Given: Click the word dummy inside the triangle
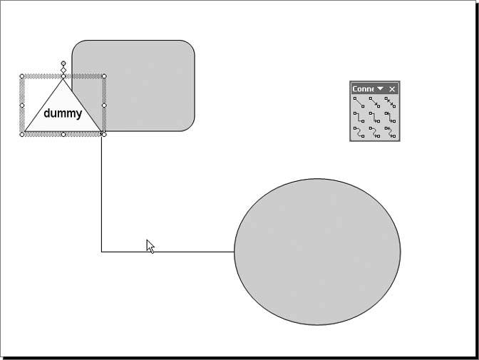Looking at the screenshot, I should [x=63, y=113].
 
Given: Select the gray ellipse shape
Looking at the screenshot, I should [x=317, y=252].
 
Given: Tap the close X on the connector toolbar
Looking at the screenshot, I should [x=392, y=88].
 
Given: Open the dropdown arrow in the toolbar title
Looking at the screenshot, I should [x=381, y=88].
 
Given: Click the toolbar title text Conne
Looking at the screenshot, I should [x=363, y=88].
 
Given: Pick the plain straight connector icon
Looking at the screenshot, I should [x=359, y=103].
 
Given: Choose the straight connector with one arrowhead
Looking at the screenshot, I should [x=374, y=103].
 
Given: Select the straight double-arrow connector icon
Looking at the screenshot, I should [x=390, y=103].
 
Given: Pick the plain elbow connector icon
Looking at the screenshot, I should [x=359, y=117].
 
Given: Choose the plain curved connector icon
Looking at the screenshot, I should [x=359, y=132].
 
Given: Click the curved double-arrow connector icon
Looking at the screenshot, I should [x=390, y=132].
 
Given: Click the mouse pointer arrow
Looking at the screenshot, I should [x=150, y=245].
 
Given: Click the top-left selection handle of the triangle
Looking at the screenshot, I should [x=22, y=76].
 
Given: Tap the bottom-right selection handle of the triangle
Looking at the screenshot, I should [x=104, y=134].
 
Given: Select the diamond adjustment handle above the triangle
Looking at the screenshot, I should [x=63, y=71].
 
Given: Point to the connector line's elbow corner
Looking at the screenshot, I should [x=102, y=252].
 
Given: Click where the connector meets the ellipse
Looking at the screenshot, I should [x=235, y=252].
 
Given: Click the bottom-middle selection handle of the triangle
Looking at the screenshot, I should [x=63, y=134].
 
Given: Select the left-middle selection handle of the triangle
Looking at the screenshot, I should [x=22, y=106].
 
